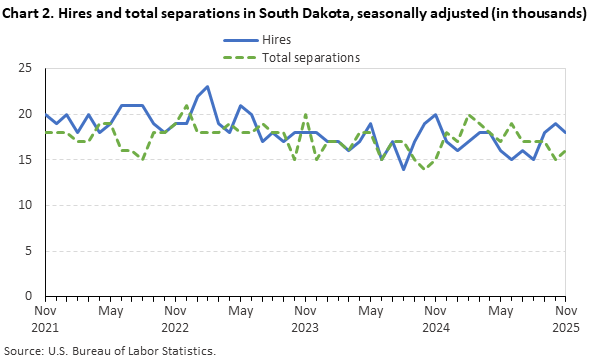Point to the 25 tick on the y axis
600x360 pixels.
point(25,68)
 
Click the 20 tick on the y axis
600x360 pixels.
point(25,114)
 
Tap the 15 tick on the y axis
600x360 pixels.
point(25,160)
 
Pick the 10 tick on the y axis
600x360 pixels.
point(25,205)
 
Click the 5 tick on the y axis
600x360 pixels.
point(28,251)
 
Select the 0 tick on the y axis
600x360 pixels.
point(28,297)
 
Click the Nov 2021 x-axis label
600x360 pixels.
point(44,319)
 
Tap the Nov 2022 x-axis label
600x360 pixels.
point(174,319)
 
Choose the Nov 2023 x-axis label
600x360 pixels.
point(305,319)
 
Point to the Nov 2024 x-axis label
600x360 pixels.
point(436,319)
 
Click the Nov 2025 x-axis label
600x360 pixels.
point(566,319)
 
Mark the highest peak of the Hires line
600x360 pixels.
point(207,87)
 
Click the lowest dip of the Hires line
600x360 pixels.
point(403,169)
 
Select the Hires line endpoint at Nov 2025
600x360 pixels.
point(566,132)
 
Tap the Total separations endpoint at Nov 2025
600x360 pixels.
point(566,151)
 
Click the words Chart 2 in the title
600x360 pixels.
point(30,14)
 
